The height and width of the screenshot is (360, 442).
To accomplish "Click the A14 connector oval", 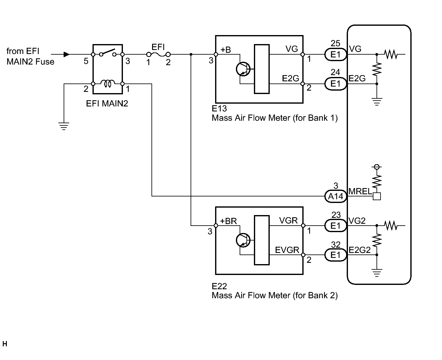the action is pyautogui.click(x=335, y=196).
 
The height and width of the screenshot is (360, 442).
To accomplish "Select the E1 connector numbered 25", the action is pyautogui.click(x=335, y=54).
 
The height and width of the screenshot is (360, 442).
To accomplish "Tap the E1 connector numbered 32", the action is pyautogui.click(x=335, y=255).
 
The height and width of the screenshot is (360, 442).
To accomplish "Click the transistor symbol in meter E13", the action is pyautogui.click(x=243, y=69).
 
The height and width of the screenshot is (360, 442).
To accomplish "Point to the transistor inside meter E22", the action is pyautogui.click(x=243, y=240).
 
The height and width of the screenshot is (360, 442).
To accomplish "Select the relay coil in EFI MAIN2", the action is pyautogui.click(x=108, y=83).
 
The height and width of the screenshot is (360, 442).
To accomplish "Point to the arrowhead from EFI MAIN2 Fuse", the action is pyautogui.click(x=67, y=54).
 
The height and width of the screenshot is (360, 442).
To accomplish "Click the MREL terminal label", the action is pyautogui.click(x=360, y=191).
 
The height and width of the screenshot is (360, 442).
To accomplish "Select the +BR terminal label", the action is pyautogui.click(x=228, y=221).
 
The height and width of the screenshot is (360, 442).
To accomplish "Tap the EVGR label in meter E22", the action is pyautogui.click(x=287, y=250).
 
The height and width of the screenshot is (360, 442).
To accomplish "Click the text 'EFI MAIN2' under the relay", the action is pyautogui.click(x=107, y=103).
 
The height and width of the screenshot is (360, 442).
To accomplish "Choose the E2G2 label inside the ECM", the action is pyautogui.click(x=360, y=250).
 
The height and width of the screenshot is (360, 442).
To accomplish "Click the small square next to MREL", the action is pyautogui.click(x=377, y=196).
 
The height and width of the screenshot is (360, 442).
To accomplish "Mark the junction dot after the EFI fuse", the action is pyautogui.click(x=191, y=54).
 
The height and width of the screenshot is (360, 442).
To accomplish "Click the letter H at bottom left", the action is pyautogui.click(x=5, y=344).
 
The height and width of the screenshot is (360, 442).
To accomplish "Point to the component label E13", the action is pyautogui.click(x=219, y=108).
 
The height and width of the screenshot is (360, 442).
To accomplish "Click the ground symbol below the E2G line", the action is pyautogui.click(x=377, y=102).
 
